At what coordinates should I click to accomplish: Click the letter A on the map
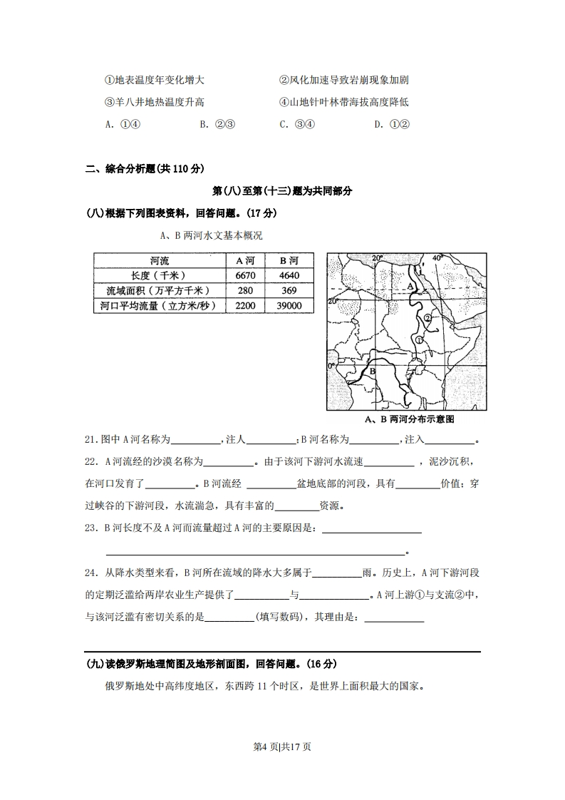pos(410,286)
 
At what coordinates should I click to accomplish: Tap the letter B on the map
pos(372,371)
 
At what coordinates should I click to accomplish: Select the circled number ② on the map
pos(427,317)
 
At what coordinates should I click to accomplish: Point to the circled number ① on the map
pos(420,340)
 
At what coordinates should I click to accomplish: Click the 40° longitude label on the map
pos(437,258)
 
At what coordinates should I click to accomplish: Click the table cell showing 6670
pos(244,275)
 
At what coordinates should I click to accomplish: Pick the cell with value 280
pos(244,290)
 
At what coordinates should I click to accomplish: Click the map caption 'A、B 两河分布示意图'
pos(408,419)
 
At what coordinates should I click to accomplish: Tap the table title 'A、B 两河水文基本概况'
pos(206,235)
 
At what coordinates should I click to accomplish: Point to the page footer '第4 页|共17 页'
pos(282,747)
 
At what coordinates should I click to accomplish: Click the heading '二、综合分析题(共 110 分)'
pos(145,169)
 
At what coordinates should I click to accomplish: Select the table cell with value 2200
pos(244,305)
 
